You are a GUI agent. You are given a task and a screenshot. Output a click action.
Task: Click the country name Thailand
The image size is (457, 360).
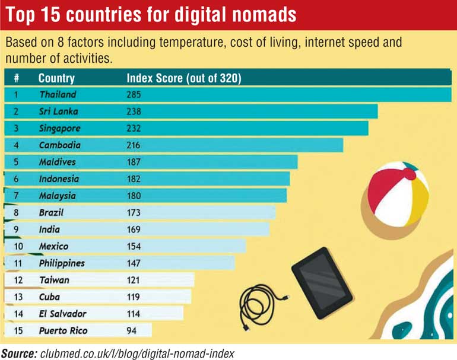pyautogui.click(x=58, y=94)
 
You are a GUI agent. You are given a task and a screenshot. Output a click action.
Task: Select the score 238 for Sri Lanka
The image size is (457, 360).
pyautogui.click(x=135, y=111)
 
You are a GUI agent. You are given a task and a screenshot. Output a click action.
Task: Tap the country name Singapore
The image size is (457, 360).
pyautogui.click(x=60, y=128)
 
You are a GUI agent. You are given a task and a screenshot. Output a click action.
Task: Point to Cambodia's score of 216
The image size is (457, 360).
pyautogui.click(x=135, y=145)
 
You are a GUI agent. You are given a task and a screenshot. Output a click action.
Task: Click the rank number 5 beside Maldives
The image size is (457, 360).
pyautogui.click(x=16, y=162)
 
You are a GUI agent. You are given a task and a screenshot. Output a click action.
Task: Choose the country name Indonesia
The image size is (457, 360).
pyautogui.click(x=60, y=179)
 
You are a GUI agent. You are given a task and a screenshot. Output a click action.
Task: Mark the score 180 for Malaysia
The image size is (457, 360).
pyautogui.click(x=135, y=195)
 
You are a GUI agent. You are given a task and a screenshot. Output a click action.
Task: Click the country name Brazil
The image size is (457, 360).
pyautogui.click(x=51, y=212)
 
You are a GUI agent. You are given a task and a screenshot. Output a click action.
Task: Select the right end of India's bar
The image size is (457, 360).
pyautogui.click(x=268, y=229)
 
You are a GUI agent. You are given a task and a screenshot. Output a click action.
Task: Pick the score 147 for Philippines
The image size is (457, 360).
pyautogui.click(x=135, y=263)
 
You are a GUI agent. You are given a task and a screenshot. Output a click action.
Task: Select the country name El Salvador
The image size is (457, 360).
pyautogui.click(x=62, y=314)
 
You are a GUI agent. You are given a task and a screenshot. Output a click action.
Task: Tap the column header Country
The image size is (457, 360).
pyautogui.click(x=56, y=78)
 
